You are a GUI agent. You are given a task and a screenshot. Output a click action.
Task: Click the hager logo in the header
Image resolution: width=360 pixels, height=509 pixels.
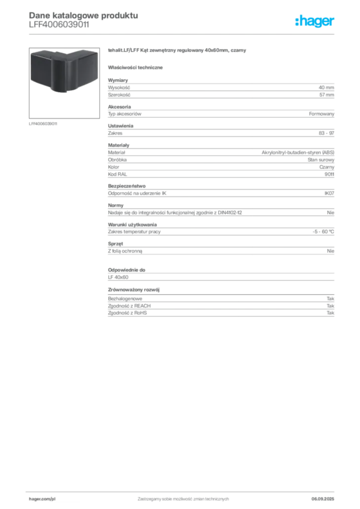(x=315, y=21)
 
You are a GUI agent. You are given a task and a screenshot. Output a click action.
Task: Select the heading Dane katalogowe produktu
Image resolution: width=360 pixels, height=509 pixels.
(x=84, y=15)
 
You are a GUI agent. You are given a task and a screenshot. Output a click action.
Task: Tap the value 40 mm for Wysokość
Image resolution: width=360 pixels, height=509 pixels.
(x=326, y=87)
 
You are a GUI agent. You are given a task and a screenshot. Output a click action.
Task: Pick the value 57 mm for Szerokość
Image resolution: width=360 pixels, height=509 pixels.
(x=327, y=95)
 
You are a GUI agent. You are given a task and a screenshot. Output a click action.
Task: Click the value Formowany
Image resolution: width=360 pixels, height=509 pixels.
(x=321, y=114)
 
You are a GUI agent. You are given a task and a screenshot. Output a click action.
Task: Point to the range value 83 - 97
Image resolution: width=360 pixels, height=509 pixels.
(x=326, y=133)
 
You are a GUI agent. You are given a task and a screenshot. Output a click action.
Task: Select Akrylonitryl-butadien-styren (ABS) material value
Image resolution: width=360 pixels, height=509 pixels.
(x=298, y=153)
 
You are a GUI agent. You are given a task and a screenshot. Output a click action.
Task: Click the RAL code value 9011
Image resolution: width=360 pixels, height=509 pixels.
(x=329, y=174)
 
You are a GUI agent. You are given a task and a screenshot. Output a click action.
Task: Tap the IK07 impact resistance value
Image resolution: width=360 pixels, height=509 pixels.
(x=329, y=193)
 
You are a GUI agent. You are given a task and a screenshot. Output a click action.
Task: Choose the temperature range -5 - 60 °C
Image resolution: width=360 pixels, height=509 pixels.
(x=323, y=232)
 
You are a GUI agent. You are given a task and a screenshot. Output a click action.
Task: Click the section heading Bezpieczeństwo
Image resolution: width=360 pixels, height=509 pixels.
(x=127, y=186)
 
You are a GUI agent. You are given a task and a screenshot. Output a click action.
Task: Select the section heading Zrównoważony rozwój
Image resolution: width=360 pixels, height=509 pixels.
(x=134, y=290)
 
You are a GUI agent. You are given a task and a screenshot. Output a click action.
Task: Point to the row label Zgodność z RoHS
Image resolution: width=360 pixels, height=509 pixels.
(x=127, y=313)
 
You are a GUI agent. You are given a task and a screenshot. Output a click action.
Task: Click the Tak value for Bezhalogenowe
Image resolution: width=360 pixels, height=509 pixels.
(x=331, y=299)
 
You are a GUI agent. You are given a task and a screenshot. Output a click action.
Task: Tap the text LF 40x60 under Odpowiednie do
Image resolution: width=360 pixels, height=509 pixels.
(x=118, y=277)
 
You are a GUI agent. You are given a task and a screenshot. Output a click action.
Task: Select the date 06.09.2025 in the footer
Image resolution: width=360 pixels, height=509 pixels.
(x=323, y=499)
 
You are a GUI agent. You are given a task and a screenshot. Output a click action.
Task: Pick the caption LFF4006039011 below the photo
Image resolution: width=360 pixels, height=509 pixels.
(x=43, y=124)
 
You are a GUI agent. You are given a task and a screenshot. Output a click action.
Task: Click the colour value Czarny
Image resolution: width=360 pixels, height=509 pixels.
(x=327, y=167)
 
